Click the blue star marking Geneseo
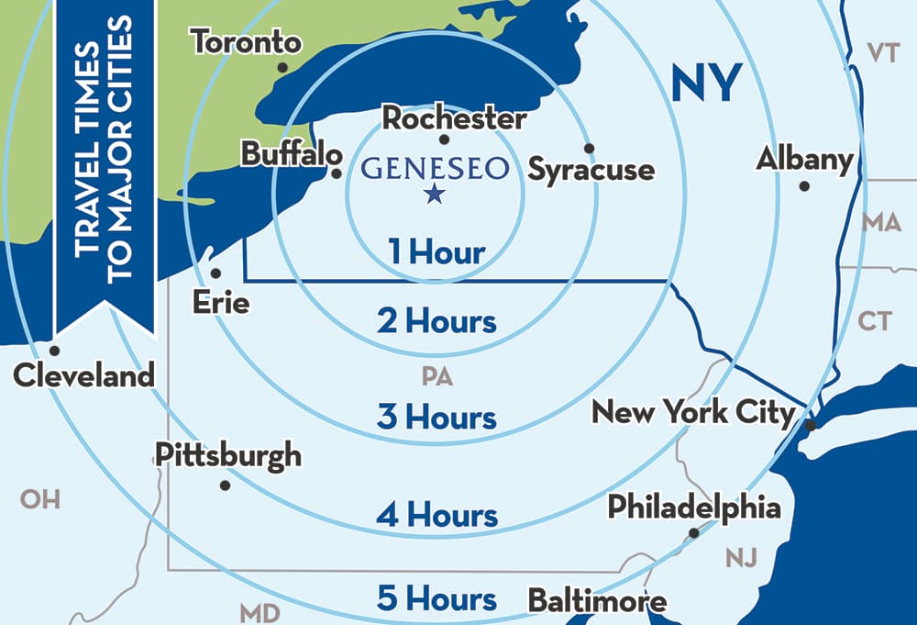pyautogui.click(x=434, y=194)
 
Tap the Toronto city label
pyautogui.click(x=245, y=42)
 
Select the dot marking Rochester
pyautogui.click(x=444, y=140)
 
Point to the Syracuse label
pyautogui.click(x=591, y=170)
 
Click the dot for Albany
pyautogui.click(x=804, y=186)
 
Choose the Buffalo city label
pyautogui.click(x=284, y=154)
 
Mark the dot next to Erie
pyautogui.click(x=215, y=273)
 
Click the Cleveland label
pyautogui.click(x=84, y=374)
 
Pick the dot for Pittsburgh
pyautogui.click(x=225, y=485)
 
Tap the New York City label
pyautogui.click(x=692, y=411)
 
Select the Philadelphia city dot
pyautogui.click(x=694, y=532)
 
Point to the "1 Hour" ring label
pyautogui.click(x=436, y=251)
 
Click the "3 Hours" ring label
pyautogui.click(x=436, y=417)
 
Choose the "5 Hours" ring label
pyautogui.click(x=436, y=599)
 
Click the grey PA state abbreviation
pyautogui.click(x=437, y=375)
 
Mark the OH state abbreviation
pyautogui.click(x=40, y=499)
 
